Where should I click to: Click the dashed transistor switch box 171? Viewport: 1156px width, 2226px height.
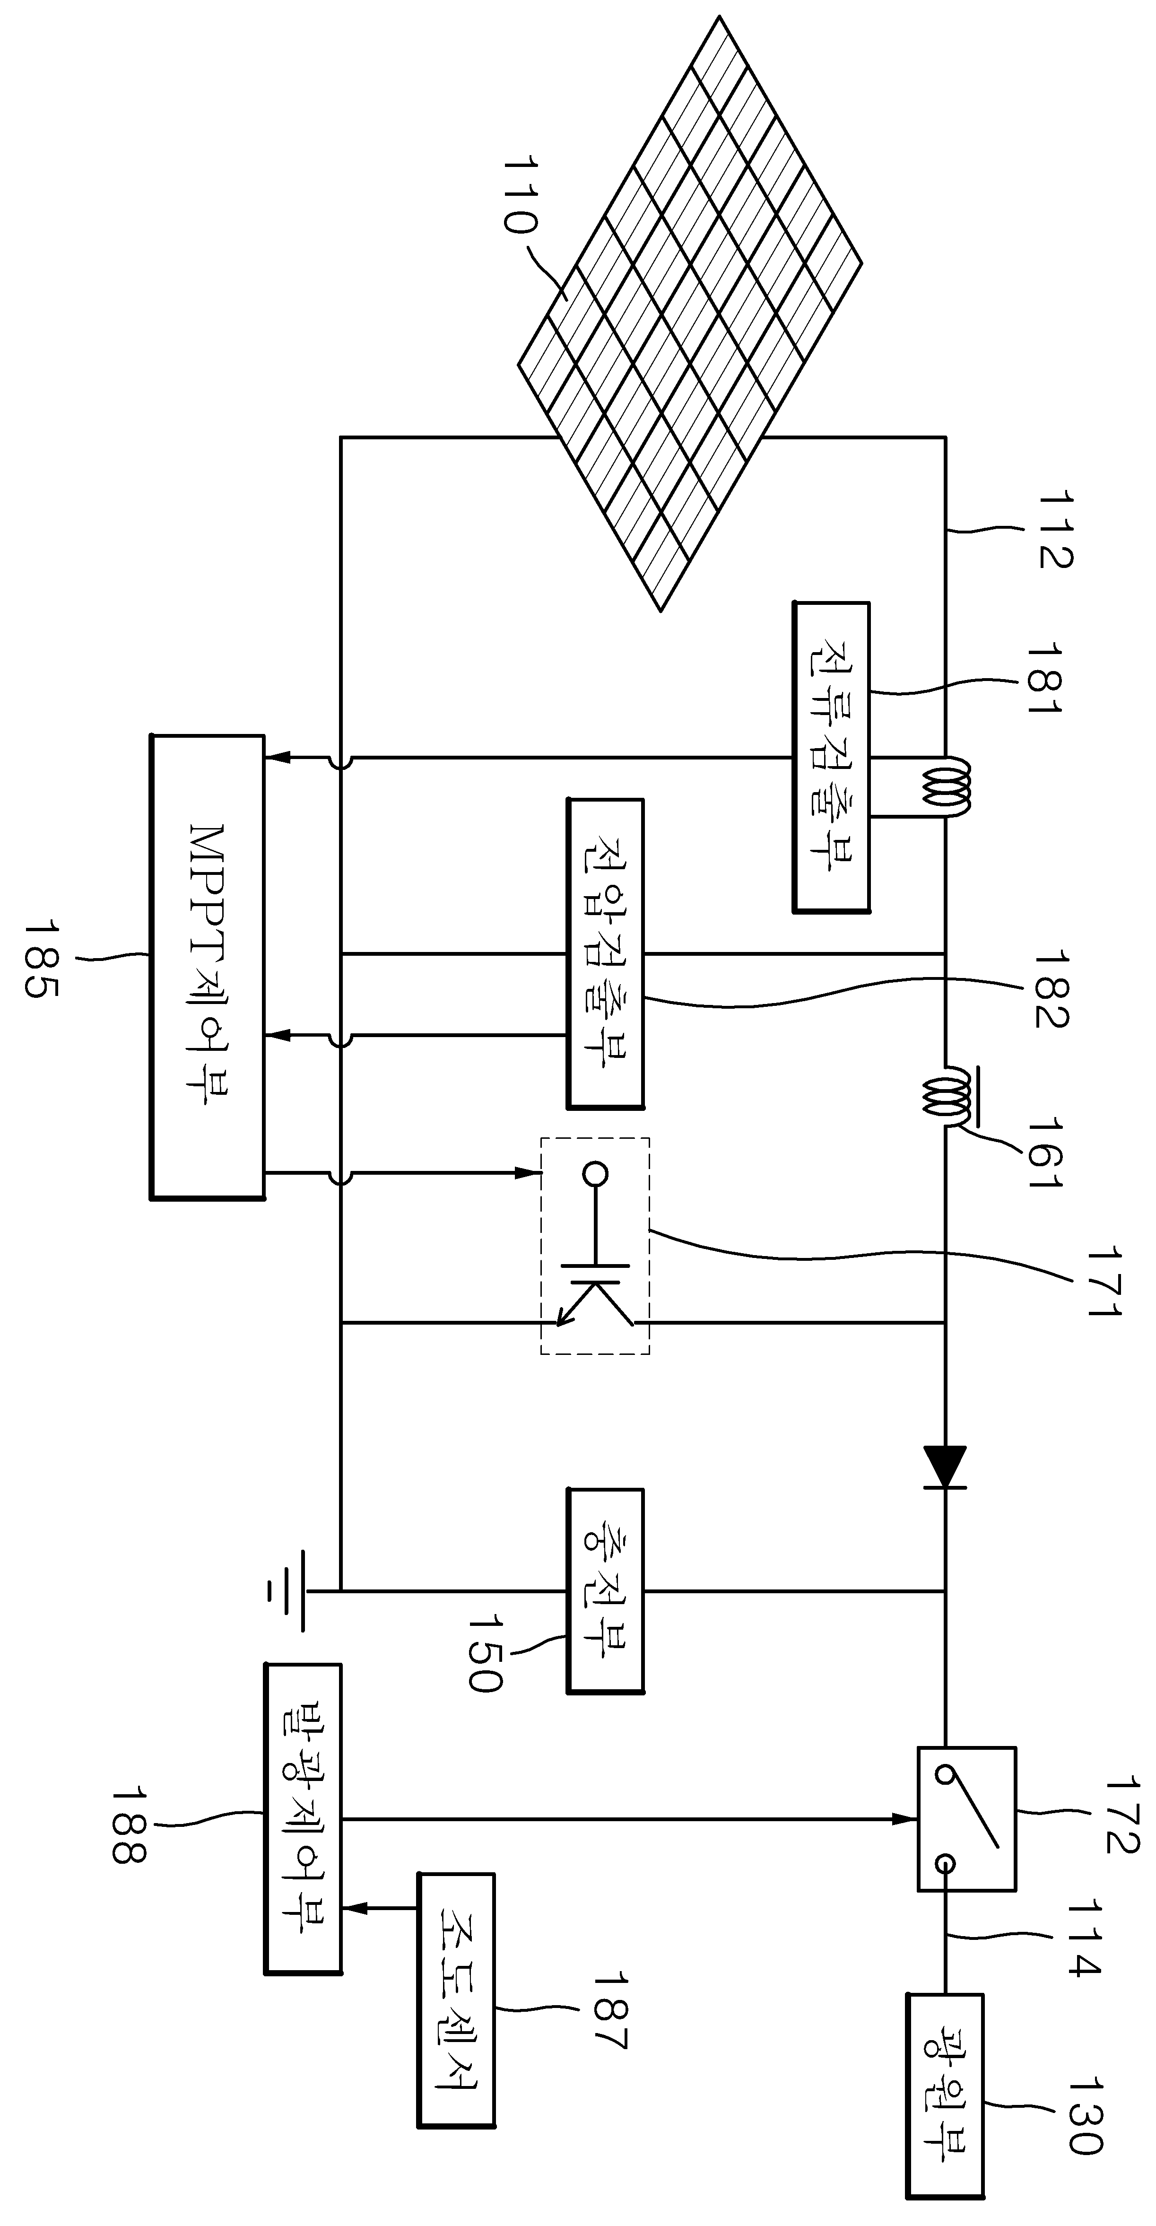pyautogui.click(x=595, y=1245)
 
